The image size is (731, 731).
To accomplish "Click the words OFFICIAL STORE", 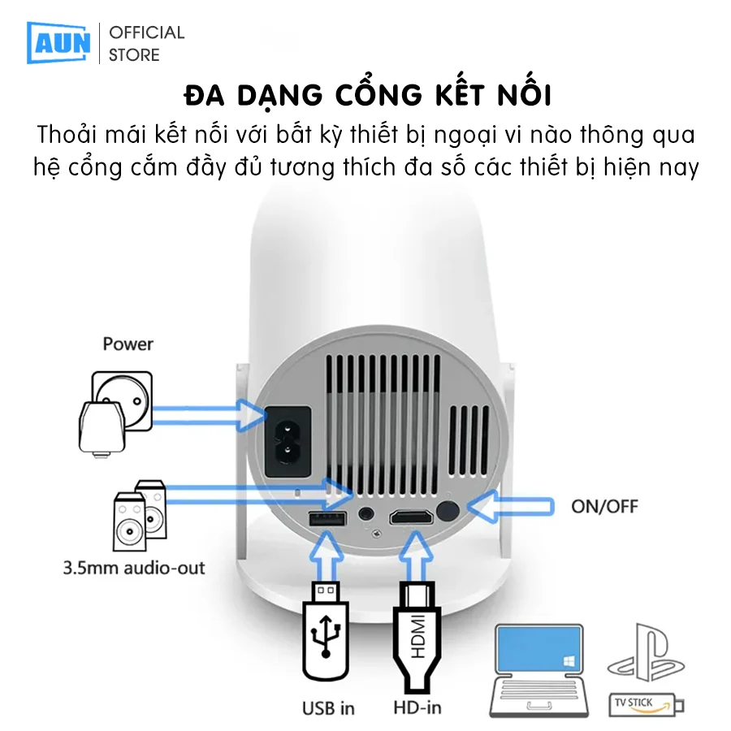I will [146, 44].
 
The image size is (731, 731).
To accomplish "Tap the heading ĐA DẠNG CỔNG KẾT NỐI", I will [368, 95].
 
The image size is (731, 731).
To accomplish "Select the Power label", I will [128, 344].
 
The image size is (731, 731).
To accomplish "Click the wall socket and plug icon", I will [115, 412].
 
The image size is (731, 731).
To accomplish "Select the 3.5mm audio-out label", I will [134, 567].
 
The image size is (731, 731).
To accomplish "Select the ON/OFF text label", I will [604, 506].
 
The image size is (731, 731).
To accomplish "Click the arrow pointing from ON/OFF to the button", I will [512, 506].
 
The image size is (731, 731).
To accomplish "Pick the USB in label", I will [328, 708].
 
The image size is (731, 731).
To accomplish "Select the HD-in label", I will [417, 708].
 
